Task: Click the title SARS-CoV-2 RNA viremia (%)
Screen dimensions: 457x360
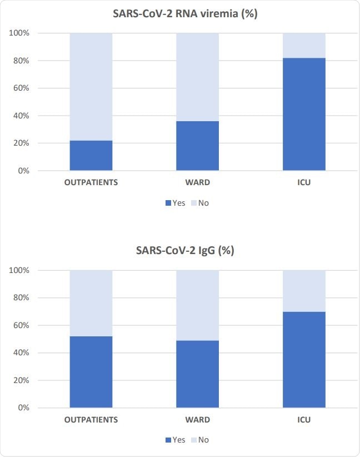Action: [185, 14]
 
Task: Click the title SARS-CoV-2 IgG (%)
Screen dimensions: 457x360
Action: [185, 250]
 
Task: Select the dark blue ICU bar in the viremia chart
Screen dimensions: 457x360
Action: [304, 114]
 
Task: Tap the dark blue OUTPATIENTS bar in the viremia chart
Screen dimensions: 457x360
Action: [91, 156]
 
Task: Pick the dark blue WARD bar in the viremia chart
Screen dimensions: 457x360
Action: [198, 146]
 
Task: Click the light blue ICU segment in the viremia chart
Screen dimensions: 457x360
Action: [304, 46]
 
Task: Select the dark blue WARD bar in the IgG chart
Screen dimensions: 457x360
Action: [198, 374]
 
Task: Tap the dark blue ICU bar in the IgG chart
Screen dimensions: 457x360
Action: [304, 360]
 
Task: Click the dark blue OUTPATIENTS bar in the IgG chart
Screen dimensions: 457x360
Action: [91, 372]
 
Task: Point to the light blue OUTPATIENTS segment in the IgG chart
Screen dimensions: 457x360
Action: [91, 303]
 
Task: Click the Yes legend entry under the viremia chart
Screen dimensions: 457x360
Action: [175, 203]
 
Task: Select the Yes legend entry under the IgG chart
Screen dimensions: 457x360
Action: [175, 440]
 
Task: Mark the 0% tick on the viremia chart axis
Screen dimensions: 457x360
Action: [23, 171]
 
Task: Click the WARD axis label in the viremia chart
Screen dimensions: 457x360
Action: [198, 182]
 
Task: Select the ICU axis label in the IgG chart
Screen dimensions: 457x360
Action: [304, 420]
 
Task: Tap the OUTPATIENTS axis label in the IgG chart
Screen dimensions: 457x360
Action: [91, 420]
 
